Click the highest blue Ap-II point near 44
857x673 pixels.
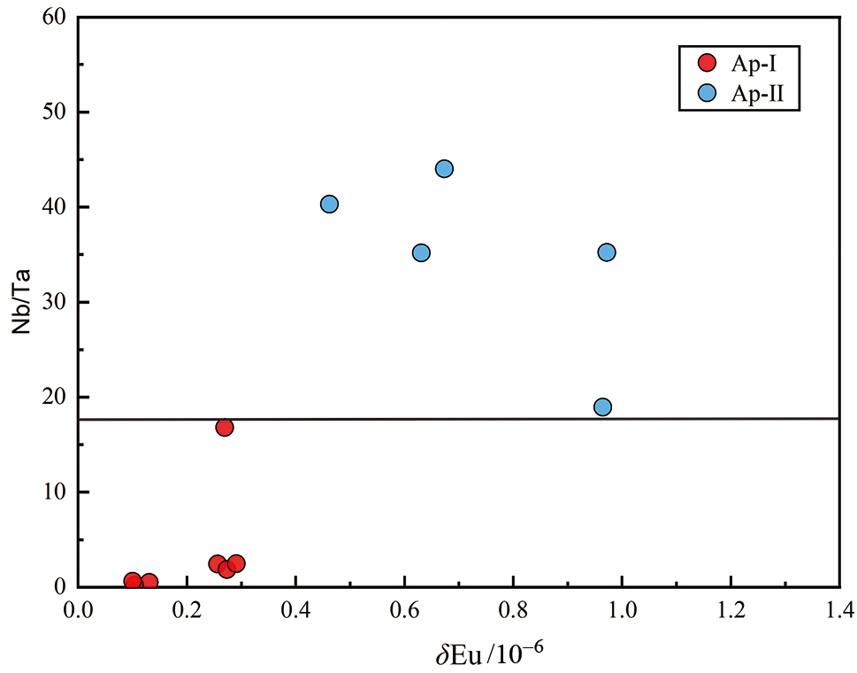tap(444, 168)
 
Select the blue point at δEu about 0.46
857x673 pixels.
tap(329, 205)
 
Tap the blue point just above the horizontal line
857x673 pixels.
tap(602, 407)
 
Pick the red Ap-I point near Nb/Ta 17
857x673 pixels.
tap(225, 428)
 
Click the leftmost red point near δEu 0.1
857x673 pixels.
tap(133, 581)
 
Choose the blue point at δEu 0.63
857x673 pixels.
tap(421, 252)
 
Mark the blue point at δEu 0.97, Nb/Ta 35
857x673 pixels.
tap(606, 252)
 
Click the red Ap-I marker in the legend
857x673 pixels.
tap(707, 62)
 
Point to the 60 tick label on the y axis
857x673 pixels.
tap(56, 18)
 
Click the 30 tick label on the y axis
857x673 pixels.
tap(56, 303)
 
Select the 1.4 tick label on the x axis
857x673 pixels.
tap(839, 610)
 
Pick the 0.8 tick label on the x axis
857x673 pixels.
tap(513, 610)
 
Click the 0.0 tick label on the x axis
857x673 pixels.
tap(78, 610)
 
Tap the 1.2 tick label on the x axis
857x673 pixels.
tap(731, 610)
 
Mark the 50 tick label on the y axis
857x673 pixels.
tap(56, 112)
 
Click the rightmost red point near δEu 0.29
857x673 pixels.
tap(236, 564)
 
